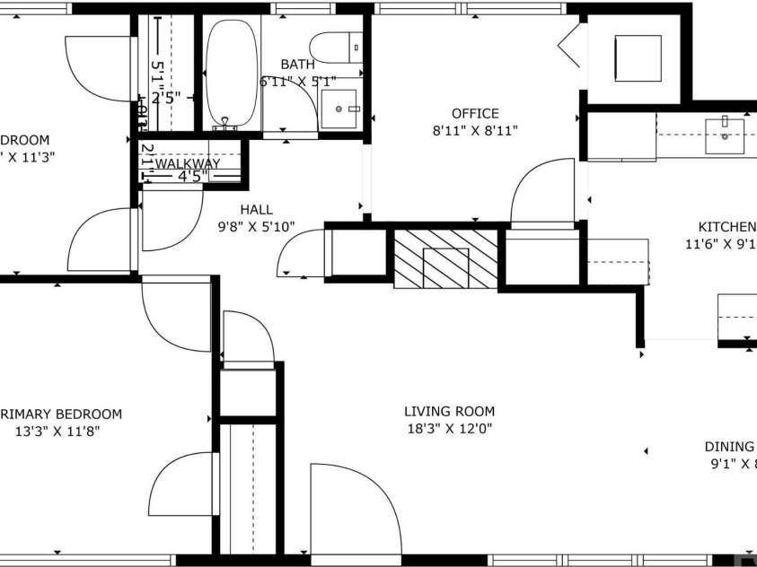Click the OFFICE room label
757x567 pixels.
coord(475,114)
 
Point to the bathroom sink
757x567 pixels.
coord(339,109)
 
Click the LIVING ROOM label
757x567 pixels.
coord(449,412)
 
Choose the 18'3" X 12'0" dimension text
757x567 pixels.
coord(449,429)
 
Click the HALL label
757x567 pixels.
coord(256,210)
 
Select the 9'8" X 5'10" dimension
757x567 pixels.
coord(257,226)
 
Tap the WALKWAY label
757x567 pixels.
coord(188,164)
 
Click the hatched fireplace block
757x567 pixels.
coord(445,259)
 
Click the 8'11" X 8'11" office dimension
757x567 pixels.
coord(475,130)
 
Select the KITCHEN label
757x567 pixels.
coord(726,227)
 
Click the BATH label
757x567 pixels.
coord(297,65)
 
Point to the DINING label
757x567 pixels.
coord(728,447)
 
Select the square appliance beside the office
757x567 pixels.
coord(637,57)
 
